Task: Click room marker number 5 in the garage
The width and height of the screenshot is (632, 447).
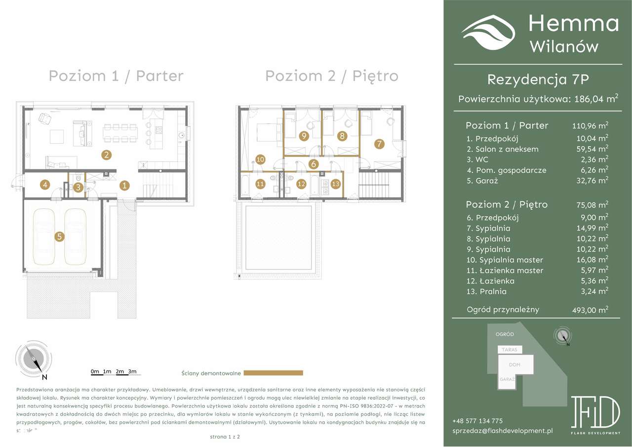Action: point(59,237)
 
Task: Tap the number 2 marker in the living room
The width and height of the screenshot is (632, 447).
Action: point(106,155)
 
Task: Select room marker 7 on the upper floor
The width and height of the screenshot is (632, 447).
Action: point(379,144)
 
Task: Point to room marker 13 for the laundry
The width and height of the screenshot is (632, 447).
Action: point(336,184)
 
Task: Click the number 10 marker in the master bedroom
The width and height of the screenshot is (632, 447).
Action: point(260,159)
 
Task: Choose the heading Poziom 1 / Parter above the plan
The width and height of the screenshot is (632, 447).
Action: point(116,76)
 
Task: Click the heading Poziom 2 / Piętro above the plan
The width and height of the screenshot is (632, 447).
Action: point(331,76)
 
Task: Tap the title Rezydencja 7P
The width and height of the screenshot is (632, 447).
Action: point(538,79)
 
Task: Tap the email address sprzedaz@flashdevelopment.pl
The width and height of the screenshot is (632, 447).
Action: point(502,431)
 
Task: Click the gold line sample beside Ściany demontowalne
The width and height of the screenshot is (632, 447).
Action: point(273,373)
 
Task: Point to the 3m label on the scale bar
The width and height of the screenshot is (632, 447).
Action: point(132,371)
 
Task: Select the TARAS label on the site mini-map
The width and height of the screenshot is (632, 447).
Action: point(510,349)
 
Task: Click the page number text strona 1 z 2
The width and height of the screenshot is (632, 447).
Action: point(225,437)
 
